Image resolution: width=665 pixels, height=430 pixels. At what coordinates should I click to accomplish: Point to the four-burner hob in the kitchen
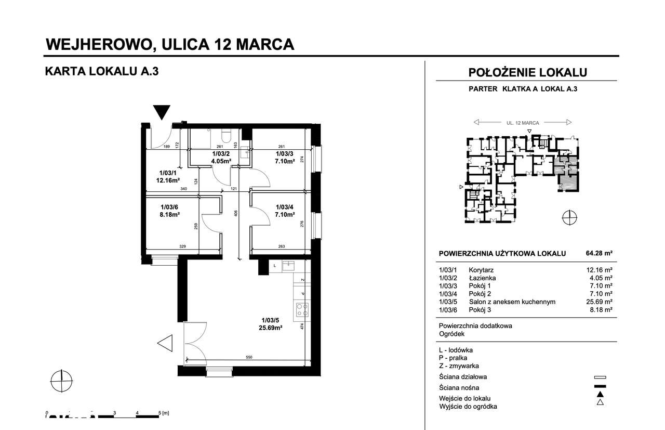tap(302, 310)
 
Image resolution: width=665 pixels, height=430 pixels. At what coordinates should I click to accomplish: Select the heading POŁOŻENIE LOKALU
tap(527, 72)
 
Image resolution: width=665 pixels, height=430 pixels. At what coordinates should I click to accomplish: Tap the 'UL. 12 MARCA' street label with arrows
tap(523, 123)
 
